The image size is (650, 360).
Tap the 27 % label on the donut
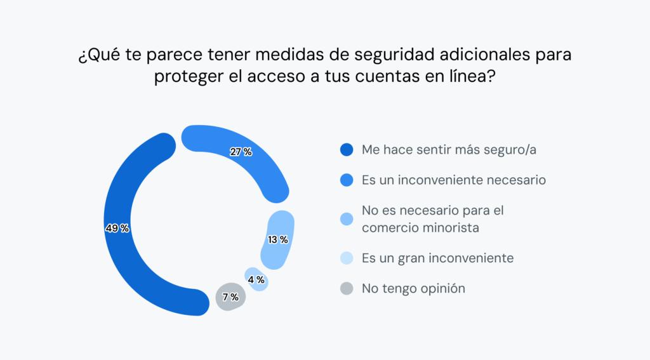click(241, 152)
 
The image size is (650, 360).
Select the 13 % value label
click(277, 240)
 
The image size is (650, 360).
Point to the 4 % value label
click(256, 279)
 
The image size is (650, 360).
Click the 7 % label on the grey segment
click(230, 297)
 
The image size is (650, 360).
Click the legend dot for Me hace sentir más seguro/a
click(346, 150)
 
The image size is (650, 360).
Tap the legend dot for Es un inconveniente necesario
click(346, 180)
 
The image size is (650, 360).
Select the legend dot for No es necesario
click(346, 219)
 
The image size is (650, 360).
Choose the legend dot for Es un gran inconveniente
click(346, 258)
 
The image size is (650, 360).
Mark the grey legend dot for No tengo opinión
click(346, 289)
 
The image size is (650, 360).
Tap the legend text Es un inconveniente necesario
click(454, 180)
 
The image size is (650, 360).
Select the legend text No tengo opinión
click(413, 288)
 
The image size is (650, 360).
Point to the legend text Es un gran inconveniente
click(437, 258)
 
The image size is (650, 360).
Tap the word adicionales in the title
click(484, 55)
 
